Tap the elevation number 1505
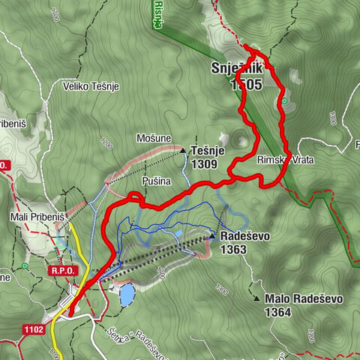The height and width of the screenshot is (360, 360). (246, 85)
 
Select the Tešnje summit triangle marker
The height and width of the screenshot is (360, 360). (183, 150)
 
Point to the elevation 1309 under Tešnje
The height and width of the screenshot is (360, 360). (205, 163)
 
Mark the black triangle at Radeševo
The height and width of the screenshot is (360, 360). (212, 235)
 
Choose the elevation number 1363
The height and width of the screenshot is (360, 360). (234, 250)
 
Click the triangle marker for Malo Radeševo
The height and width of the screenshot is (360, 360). (258, 298)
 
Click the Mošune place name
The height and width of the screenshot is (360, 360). (154, 139)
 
